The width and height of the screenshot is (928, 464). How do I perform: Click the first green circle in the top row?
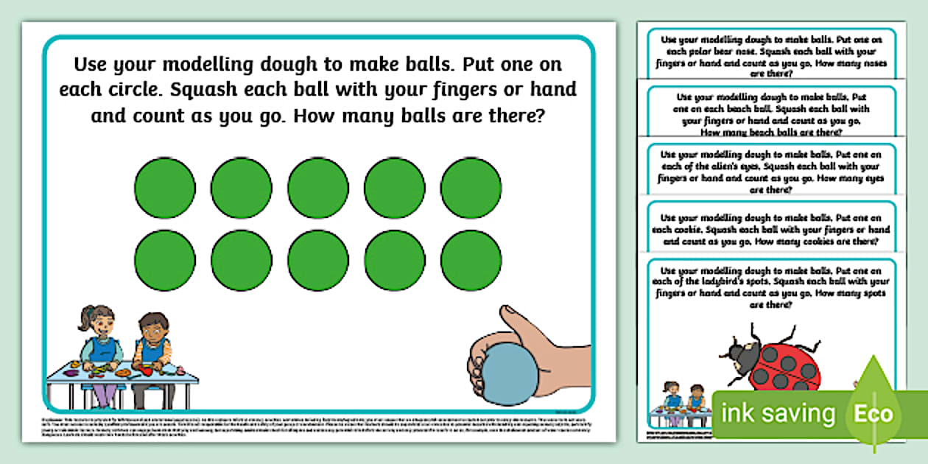coord(165,188)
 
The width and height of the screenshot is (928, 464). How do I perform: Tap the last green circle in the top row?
coord(471,188)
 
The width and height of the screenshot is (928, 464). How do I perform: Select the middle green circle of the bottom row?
coord(318,260)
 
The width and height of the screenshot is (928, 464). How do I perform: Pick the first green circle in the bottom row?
coord(165,260)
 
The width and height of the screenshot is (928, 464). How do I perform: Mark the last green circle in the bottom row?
coord(471,260)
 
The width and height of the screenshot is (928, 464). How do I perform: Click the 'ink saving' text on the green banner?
coord(779,413)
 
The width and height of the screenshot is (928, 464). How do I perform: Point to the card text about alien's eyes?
coord(771,172)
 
